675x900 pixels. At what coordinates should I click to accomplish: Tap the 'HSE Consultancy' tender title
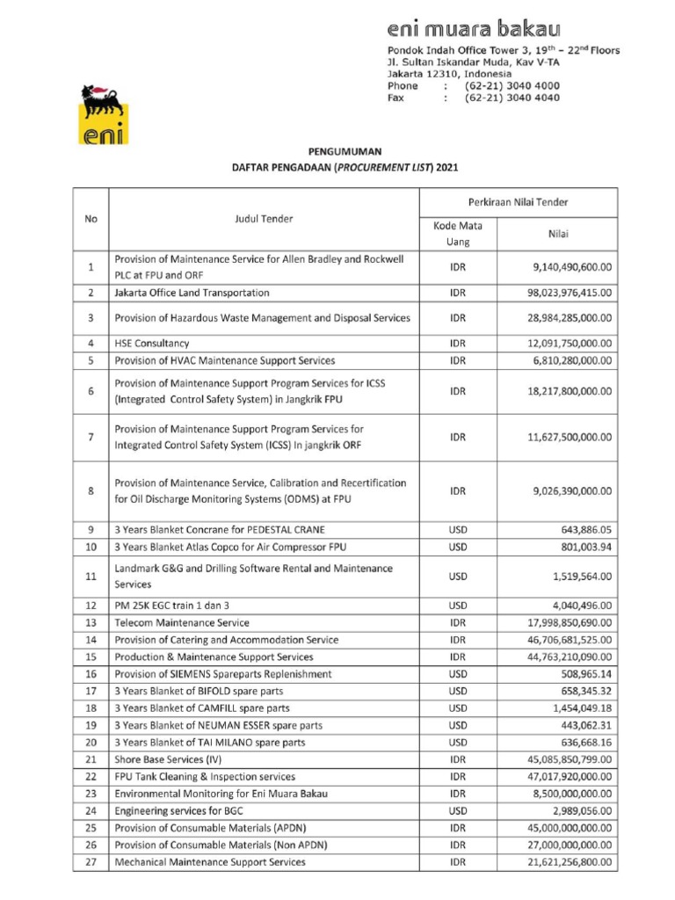(x=152, y=343)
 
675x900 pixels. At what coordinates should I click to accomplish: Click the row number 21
(x=91, y=759)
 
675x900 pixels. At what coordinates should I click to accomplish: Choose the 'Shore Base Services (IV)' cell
(x=168, y=759)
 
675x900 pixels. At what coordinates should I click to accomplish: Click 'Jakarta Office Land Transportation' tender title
(x=192, y=293)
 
